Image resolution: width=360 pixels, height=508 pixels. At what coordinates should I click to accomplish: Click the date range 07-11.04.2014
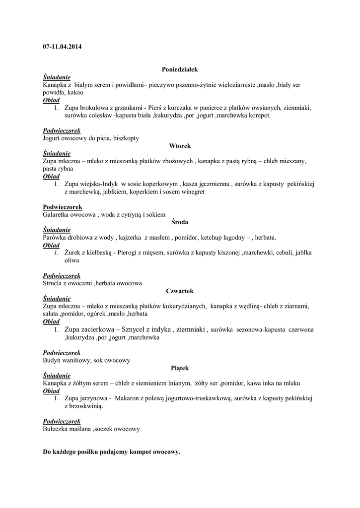(63, 47)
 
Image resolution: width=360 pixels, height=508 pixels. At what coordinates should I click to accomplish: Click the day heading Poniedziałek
(180, 70)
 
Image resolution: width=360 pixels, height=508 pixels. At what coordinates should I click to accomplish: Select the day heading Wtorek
(180, 146)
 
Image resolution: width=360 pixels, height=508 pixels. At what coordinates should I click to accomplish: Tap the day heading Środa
(180, 222)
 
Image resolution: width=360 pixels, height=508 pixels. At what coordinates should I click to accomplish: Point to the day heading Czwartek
(180, 291)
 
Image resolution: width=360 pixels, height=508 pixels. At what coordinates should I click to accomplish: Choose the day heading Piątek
(180, 368)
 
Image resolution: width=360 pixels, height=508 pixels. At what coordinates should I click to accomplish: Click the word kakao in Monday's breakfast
(74, 92)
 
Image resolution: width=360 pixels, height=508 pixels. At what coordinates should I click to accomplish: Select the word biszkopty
(126, 138)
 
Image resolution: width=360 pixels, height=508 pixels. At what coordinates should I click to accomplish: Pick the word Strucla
(54, 283)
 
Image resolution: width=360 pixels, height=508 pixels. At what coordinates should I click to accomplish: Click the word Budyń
(53, 360)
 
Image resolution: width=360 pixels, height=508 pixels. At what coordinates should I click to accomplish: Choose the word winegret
(192, 191)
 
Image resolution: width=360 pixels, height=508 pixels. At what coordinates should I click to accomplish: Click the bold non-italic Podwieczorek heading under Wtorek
(63, 207)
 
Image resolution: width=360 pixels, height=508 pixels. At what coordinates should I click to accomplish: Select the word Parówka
(56, 237)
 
